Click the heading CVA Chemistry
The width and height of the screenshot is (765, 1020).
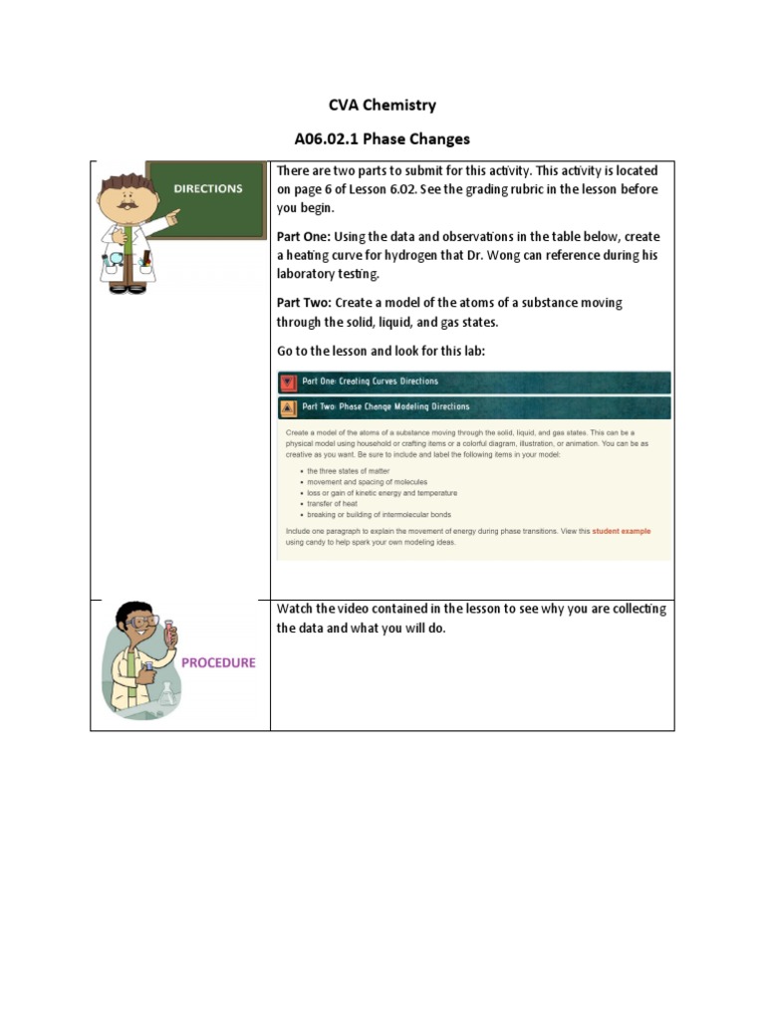tap(382, 105)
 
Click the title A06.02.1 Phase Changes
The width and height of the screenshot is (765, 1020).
tap(382, 138)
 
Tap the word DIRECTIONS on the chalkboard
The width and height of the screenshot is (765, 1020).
tap(208, 188)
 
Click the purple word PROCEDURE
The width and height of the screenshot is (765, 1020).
tap(218, 662)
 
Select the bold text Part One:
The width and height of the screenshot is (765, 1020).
tap(303, 237)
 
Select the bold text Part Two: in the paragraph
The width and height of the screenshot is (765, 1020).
tap(304, 303)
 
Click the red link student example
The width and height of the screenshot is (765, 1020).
tap(621, 531)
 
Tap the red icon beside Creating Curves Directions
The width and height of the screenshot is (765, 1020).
tap(288, 382)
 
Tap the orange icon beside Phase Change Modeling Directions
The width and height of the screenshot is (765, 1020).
tap(288, 407)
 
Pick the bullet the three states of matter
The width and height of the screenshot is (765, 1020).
tap(349, 470)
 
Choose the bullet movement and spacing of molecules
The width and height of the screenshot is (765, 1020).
tap(367, 481)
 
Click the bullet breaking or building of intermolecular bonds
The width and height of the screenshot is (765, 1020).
tap(379, 515)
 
